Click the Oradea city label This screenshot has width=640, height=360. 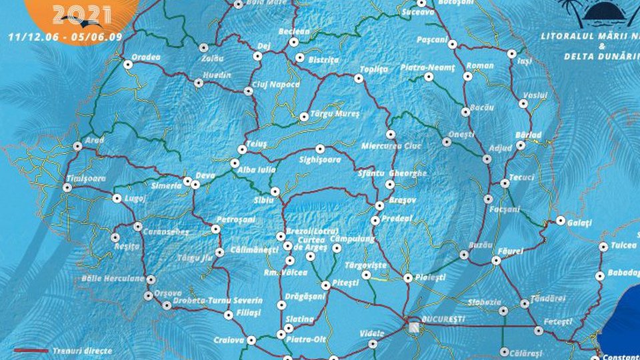[x=147, y=57]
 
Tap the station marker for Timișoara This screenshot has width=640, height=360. [x=67, y=188]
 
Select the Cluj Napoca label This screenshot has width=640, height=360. [x=277, y=85]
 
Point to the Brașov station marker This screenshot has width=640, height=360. [x=379, y=205]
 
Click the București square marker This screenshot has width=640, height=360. [x=415, y=326]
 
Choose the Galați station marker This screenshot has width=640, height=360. [x=561, y=220]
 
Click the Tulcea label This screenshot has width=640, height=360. [x=624, y=245]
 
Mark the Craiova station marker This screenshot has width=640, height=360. [x=251, y=340]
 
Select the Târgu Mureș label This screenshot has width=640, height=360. [x=335, y=114]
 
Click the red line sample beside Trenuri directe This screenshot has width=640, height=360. [x=31, y=350]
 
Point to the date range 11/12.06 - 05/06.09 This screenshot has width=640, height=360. [x=65, y=37]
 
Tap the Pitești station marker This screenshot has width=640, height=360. [x=325, y=285]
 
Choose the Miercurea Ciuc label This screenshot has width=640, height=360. [x=391, y=146]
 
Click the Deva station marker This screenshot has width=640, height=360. [x=195, y=184]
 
